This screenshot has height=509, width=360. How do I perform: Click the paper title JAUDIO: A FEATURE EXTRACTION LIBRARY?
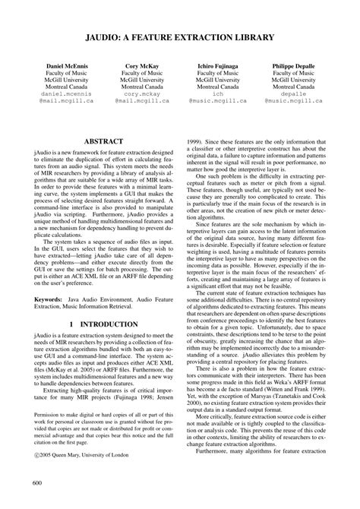[180, 35]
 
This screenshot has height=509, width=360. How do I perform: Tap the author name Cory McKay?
[142, 66]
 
